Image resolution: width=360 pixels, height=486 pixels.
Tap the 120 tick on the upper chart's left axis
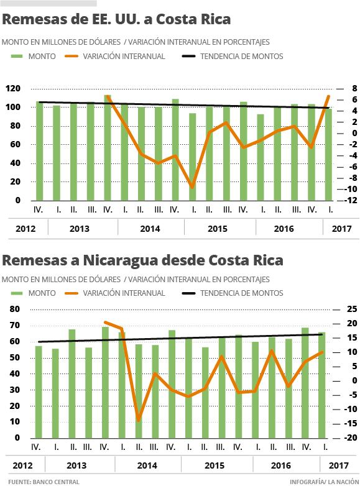[13, 89]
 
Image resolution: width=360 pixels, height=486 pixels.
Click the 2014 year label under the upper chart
[150, 229]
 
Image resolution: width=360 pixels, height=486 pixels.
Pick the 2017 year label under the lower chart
[339, 465]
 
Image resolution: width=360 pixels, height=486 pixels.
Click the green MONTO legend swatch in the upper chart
[17, 57]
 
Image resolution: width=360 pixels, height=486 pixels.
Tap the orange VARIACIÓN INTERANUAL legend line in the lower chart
[72, 293]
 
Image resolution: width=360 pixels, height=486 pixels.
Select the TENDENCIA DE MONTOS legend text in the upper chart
[241, 57]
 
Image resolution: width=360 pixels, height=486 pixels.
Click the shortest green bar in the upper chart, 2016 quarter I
[261, 157]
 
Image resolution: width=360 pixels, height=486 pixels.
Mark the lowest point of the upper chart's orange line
[192, 187]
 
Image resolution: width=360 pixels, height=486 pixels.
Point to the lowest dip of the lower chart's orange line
[138, 420]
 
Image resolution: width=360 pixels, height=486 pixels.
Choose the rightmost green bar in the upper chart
[328, 155]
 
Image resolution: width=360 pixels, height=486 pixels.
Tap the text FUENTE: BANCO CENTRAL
[44, 482]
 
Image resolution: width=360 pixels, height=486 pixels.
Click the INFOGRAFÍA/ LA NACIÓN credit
[325, 482]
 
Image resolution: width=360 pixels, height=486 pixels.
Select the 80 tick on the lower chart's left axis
[14, 309]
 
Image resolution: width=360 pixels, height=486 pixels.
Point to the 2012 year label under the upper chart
[25, 229]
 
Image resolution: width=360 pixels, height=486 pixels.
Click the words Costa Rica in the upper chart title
[193, 19]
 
